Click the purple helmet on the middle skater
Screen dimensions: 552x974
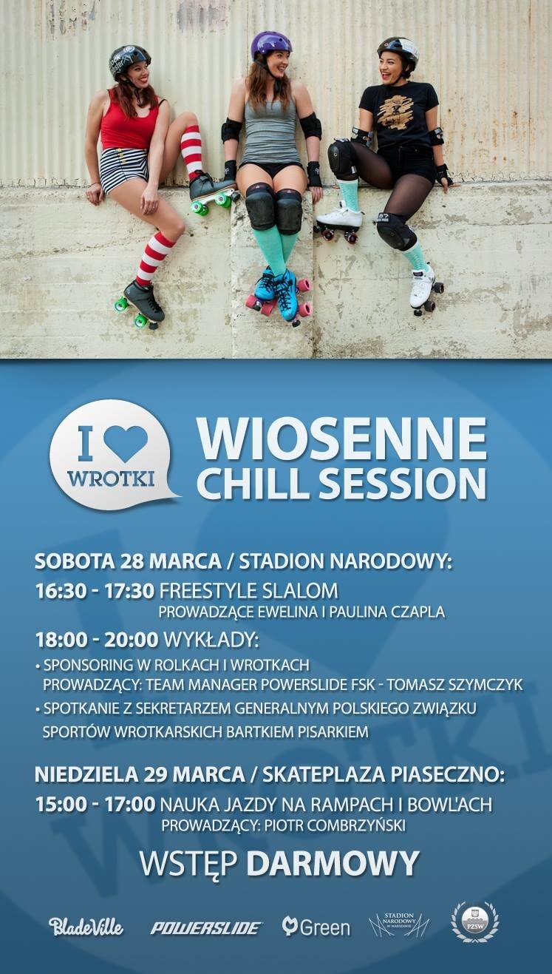click(x=271, y=47)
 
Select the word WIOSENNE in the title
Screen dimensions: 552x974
click(x=342, y=439)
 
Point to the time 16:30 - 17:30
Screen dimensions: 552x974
click(x=95, y=592)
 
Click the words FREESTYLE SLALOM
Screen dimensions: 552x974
click(x=249, y=592)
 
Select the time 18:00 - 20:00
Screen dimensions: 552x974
click(x=96, y=639)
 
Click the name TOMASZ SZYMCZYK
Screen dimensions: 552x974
click(x=454, y=685)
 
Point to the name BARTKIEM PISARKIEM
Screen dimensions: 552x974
click(x=297, y=732)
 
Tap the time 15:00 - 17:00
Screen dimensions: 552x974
click(x=95, y=805)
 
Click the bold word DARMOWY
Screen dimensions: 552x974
click(x=333, y=863)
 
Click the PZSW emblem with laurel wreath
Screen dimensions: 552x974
click(x=476, y=923)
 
